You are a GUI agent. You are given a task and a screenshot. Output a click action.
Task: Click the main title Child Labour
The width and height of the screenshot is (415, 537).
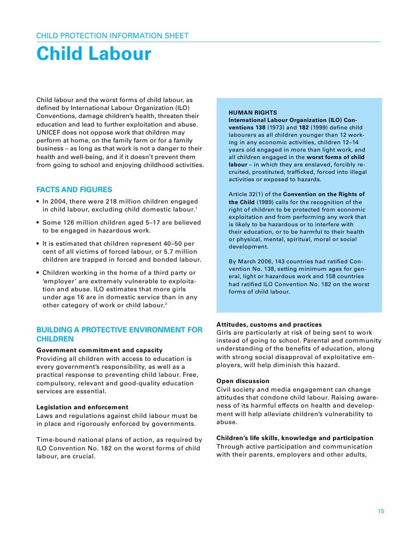tap(93, 55)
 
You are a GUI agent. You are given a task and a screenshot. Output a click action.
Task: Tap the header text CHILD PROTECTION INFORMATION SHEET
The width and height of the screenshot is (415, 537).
tap(112, 36)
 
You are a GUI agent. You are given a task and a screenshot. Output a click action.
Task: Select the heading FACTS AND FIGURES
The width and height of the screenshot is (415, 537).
tap(74, 189)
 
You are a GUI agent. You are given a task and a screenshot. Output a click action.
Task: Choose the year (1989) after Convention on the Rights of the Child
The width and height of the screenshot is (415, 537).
tap(267, 202)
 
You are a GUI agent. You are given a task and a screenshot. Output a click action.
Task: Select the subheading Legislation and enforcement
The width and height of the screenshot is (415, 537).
tap(82, 407)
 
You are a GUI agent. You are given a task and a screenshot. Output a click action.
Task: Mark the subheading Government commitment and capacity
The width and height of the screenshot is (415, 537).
tap(99, 349)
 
